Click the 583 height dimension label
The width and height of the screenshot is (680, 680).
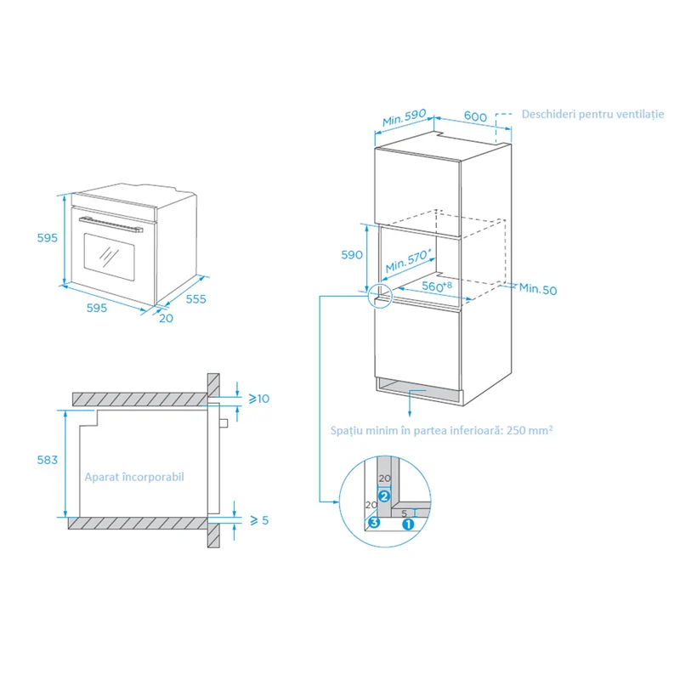[x=48, y=460]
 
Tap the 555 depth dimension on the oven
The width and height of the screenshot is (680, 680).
[x=196, y=299]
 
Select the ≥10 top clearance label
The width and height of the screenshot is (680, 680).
[x=259, y=399]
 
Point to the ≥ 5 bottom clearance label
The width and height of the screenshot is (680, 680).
[x=259, y=520]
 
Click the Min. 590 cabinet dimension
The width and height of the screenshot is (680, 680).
[x=405, y=117]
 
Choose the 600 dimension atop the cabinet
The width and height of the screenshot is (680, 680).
[x=475, y=116]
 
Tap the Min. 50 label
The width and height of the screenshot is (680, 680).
[x=538, y=289]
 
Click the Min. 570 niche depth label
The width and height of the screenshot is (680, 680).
[x=408, y=260]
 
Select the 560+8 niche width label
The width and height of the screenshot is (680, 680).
[x=437, y=286]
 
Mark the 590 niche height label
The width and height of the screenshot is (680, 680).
[x=352, y=254]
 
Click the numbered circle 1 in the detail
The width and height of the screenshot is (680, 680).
[x=408, y=524]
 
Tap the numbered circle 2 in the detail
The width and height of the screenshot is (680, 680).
[x=384, y=496]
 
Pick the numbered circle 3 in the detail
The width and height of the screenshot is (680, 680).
[x=374, y=522]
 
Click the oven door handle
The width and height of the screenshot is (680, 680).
[x=111, y=224]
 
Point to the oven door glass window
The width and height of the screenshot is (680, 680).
[x=109, y=258]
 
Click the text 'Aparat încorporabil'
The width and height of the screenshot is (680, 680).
[x=134, y=477]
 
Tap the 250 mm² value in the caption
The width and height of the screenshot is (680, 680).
[x=530, y=430]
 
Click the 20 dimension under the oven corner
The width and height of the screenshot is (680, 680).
[x=166, y=318]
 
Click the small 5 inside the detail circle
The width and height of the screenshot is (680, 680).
[x=405, y=513]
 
